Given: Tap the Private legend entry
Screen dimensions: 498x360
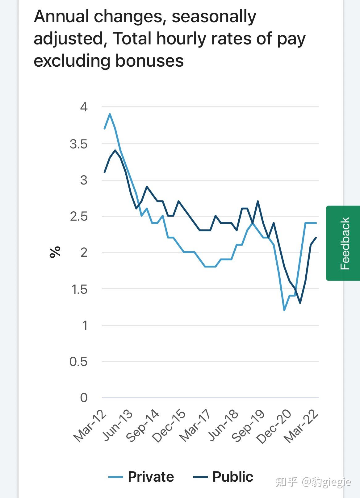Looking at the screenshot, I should (x=141, y=477).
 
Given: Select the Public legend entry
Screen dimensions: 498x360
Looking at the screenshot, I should (x=223, y=477).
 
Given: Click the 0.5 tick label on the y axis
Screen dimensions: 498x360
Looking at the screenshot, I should (x=78, y=362).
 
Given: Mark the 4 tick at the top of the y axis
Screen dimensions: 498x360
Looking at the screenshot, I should (x=84, y=107).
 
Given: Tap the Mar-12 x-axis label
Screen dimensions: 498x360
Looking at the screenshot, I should (x=90, y=426).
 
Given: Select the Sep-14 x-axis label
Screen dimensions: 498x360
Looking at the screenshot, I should (x=143, y=426).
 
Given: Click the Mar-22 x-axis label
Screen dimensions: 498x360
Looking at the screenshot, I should (x=301, y=427).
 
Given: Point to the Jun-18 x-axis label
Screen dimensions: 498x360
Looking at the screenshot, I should (x=223, y=426).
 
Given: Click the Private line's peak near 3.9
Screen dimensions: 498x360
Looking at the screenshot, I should (x=110, y=114).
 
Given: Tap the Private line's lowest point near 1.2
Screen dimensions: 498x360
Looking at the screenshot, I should (x=284, y=310).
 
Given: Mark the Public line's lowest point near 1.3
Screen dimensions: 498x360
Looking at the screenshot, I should (x=300, y=303).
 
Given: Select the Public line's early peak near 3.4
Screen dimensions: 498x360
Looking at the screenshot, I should (x=115, y=150).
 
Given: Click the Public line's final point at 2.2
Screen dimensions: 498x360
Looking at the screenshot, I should (x=316, y=237).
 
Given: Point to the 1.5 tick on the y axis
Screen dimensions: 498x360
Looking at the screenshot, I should (x=79, y=289).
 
